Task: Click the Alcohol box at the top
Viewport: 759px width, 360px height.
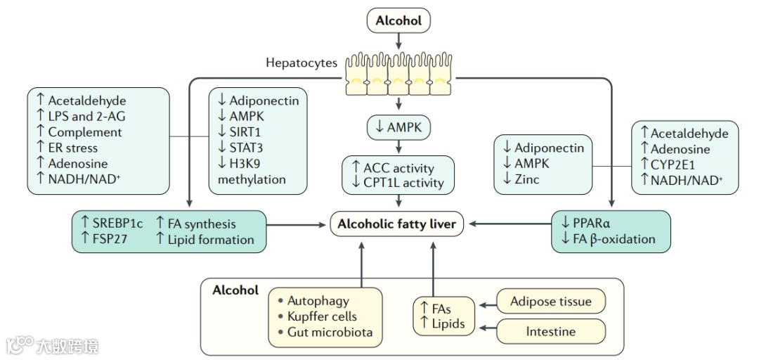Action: [398, 21]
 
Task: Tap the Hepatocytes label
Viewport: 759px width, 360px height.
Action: [301, 63]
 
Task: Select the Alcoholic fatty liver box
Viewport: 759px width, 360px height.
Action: [397, 224]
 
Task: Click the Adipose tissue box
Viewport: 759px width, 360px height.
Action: [551, 302]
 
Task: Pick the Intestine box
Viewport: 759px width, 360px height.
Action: [551, 331]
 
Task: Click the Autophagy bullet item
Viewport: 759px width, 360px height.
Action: [318, 301]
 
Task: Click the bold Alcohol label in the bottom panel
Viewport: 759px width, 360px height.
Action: [235, 290]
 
